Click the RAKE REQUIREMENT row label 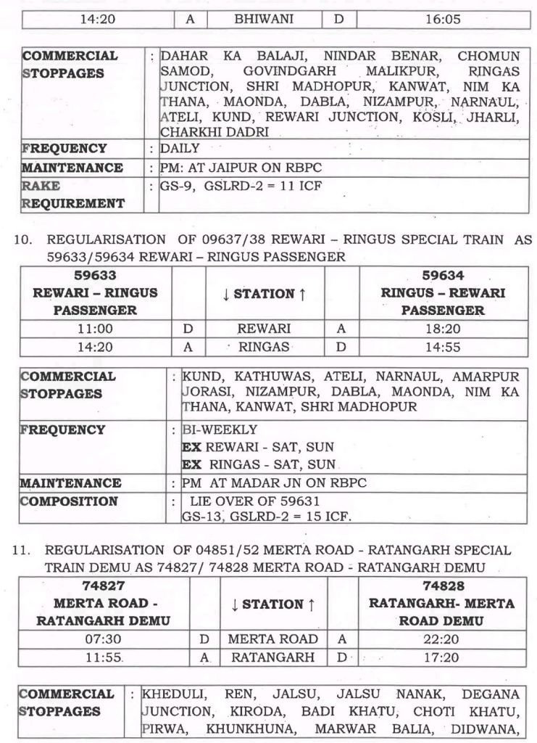[72, 194]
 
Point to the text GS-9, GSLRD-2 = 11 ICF [241, 186]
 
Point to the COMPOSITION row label [68, 501]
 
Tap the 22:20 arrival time [433, 639]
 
